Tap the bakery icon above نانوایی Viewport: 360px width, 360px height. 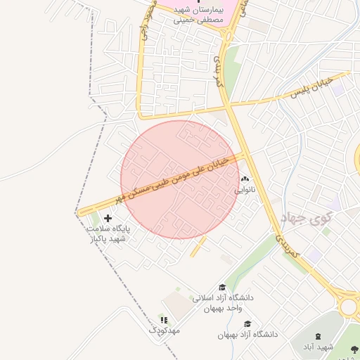(x=245, y=179)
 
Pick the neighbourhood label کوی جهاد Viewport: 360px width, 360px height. (x=305, y=218)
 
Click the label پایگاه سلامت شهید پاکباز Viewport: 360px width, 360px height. (x=107, y=234)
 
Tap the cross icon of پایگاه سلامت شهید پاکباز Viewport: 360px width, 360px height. (x=108, y=219)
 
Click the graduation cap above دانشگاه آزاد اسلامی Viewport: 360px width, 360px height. (x=223, y=288)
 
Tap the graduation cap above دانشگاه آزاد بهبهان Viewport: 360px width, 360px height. (x=247, y=323)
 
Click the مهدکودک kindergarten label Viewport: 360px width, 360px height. (x=165, y=330)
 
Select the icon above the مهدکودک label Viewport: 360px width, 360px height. (x=164, y=320)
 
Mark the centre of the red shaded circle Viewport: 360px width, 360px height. (x=180, y=179)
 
